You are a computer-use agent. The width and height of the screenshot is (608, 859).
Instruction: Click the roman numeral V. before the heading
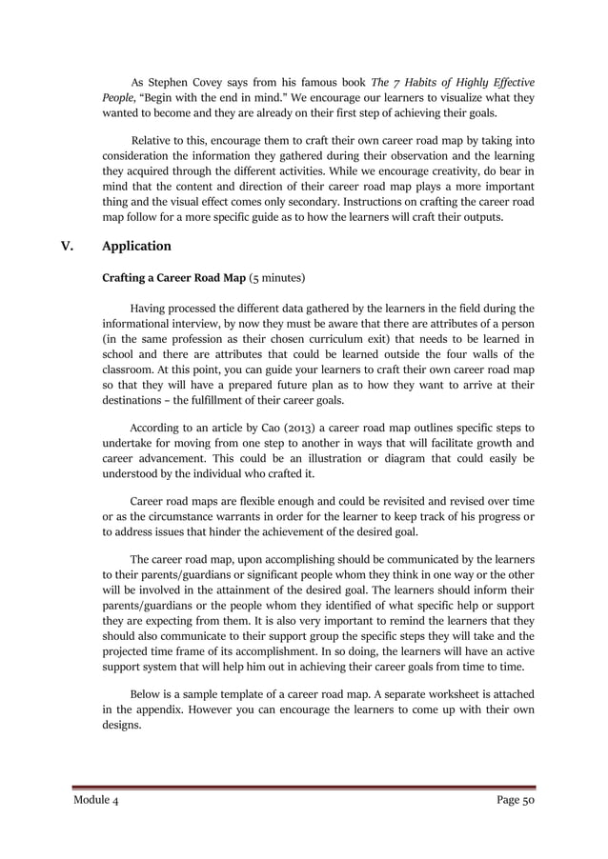click(69, 247)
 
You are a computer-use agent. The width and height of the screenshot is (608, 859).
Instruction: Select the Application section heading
click(136, 247)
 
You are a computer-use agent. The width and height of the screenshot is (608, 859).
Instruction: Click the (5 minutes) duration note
click(276, 279)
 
